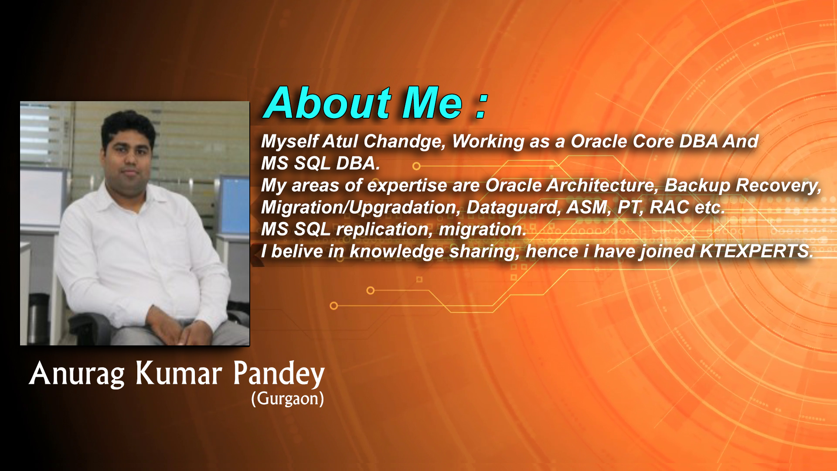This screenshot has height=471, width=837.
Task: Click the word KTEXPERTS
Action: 756,251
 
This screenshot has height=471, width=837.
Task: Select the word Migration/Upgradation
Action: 361,208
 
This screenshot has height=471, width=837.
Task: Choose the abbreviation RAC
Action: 669,207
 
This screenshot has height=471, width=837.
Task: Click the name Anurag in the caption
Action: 77,374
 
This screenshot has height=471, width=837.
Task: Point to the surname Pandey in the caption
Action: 279,374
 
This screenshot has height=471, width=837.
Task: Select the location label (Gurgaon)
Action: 288,399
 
